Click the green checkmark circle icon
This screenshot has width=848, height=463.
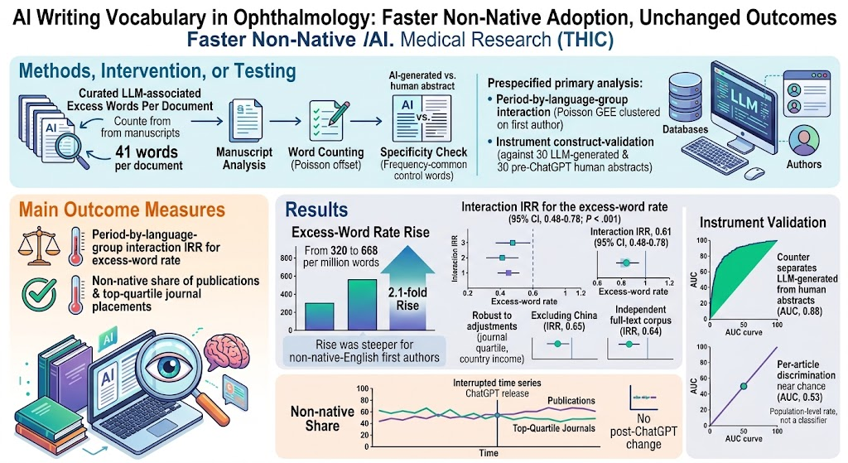[x=39, y=294]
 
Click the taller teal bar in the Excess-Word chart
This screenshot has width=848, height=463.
[x=362, y=305]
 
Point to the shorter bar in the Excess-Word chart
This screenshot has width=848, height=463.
[x=319, y=316]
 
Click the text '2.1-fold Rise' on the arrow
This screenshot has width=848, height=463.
[x=407, y=298]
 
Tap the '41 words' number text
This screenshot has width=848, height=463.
[x=147, y=152]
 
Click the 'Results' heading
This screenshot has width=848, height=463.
[x=316, y=210]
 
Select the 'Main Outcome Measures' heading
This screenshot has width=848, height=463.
[x=123, y=210]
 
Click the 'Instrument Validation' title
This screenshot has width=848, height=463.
[x=763, y=222]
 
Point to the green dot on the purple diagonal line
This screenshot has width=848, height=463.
[x=744, y=386]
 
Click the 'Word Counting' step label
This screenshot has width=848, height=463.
[x=325, y=152]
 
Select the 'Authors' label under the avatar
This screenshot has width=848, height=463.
[x=803, y=164]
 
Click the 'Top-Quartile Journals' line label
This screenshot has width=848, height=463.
[x=554, y=428]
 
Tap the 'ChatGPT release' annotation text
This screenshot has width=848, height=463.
[x=497, y=393]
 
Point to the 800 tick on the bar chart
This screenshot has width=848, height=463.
[x=286, y=258]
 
